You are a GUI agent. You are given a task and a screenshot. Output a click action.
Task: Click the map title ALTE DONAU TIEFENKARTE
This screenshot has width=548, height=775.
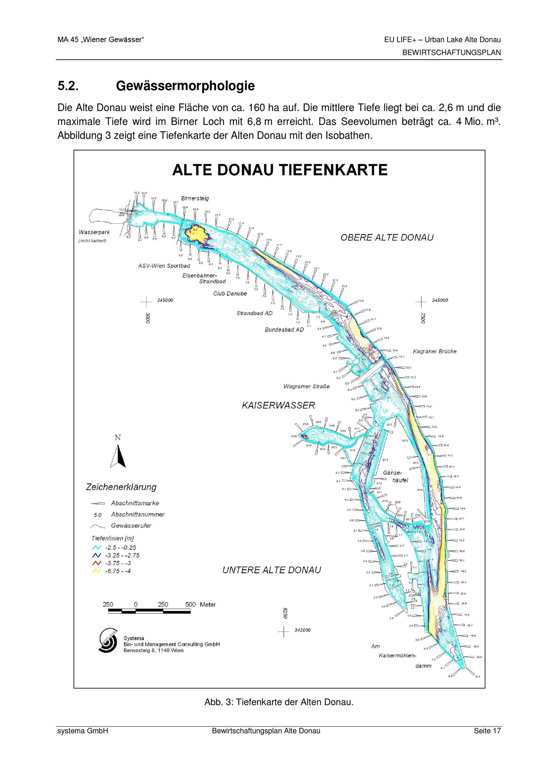[x=280, y=170]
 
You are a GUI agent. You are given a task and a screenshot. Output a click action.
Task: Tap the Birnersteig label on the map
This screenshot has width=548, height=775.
[x=195, y=198]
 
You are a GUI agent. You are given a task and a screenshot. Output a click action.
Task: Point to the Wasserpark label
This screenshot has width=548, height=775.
[x=94, y=232]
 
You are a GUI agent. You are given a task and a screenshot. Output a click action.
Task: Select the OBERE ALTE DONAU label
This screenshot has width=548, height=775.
[x=387, y=238]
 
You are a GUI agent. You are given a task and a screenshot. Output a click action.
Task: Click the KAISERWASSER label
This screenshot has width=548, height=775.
[x=278, y=405]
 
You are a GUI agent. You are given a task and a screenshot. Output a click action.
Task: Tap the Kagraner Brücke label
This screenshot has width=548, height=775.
[x=435, y=351]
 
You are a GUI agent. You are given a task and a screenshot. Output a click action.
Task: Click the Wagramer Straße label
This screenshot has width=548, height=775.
[x=306, y=386]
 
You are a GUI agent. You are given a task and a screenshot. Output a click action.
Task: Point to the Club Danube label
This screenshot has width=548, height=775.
[x=230, y=294]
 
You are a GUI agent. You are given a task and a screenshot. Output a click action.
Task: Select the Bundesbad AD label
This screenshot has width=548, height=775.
[x=284, y=330]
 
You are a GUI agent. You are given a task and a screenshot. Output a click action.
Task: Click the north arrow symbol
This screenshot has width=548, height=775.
[x=118, y=456]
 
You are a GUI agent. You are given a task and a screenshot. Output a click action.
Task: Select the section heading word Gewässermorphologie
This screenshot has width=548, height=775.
[x=185, y=86]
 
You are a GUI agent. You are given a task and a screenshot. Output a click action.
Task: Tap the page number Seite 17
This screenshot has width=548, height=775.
[x=487, y=731]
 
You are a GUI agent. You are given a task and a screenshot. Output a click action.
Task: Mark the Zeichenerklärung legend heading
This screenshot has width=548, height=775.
[x=121, y=487]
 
